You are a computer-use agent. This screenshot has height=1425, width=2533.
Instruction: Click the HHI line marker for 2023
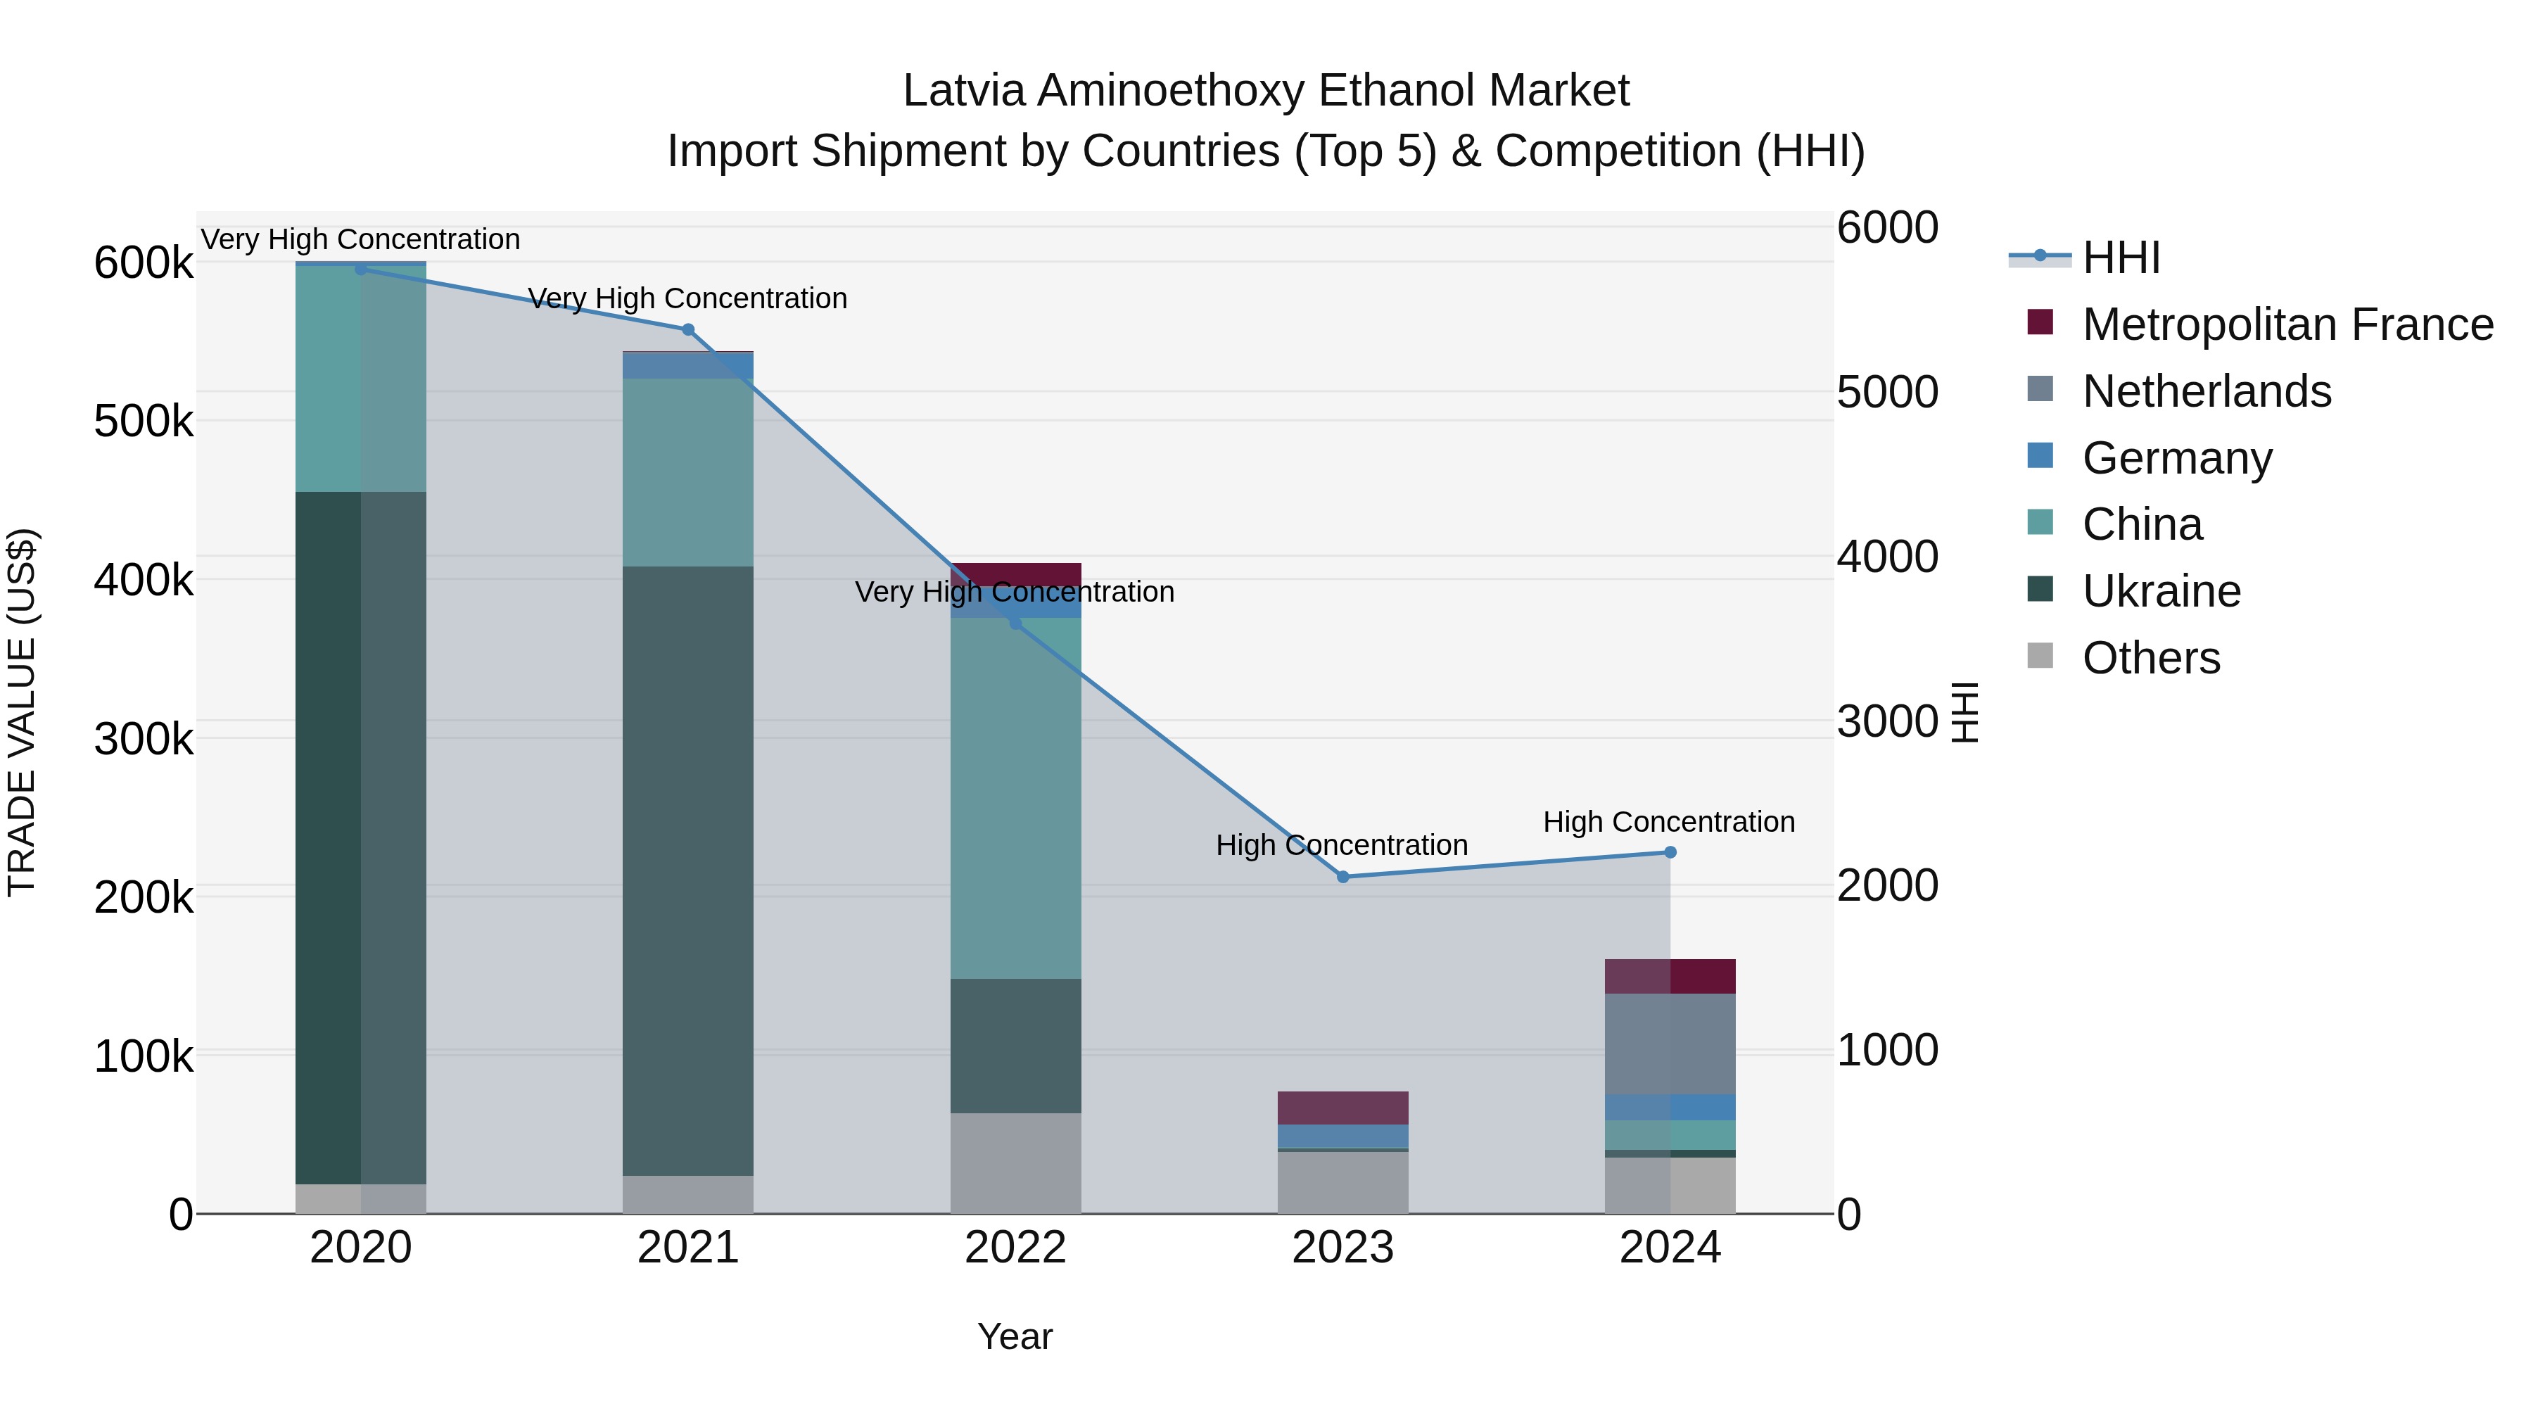point(1343,876)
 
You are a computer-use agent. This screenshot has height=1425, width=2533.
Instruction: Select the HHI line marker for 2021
point(688,329)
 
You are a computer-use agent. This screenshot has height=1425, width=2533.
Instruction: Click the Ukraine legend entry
point(2161,591)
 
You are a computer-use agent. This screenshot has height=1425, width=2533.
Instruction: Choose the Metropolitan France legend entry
point(2287,324)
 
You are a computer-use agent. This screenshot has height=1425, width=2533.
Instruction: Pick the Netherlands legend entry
point(2207,391)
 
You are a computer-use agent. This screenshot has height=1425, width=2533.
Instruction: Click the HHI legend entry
point(2121,258)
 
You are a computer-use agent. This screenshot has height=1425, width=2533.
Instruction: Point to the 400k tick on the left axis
point(144,581)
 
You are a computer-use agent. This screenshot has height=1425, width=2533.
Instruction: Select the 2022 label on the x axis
point(1015,1248)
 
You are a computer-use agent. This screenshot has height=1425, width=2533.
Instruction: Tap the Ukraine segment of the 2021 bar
point(688,870)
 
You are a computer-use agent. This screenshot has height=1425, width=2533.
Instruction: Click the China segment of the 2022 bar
point(1015,797)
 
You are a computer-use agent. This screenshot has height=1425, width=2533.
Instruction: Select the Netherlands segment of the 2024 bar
point(1670,1044)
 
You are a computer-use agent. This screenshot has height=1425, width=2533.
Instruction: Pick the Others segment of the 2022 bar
point(1015,1163)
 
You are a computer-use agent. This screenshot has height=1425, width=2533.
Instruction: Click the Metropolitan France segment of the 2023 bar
point(1343,1108)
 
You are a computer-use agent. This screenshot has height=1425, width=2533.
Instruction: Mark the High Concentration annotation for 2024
point(1669,822)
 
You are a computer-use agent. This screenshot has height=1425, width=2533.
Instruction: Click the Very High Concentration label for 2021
point(687,298)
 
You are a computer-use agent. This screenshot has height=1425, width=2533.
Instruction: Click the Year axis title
point(1015,1336)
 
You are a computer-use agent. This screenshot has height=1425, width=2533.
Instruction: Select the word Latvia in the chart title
point(965,91)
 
